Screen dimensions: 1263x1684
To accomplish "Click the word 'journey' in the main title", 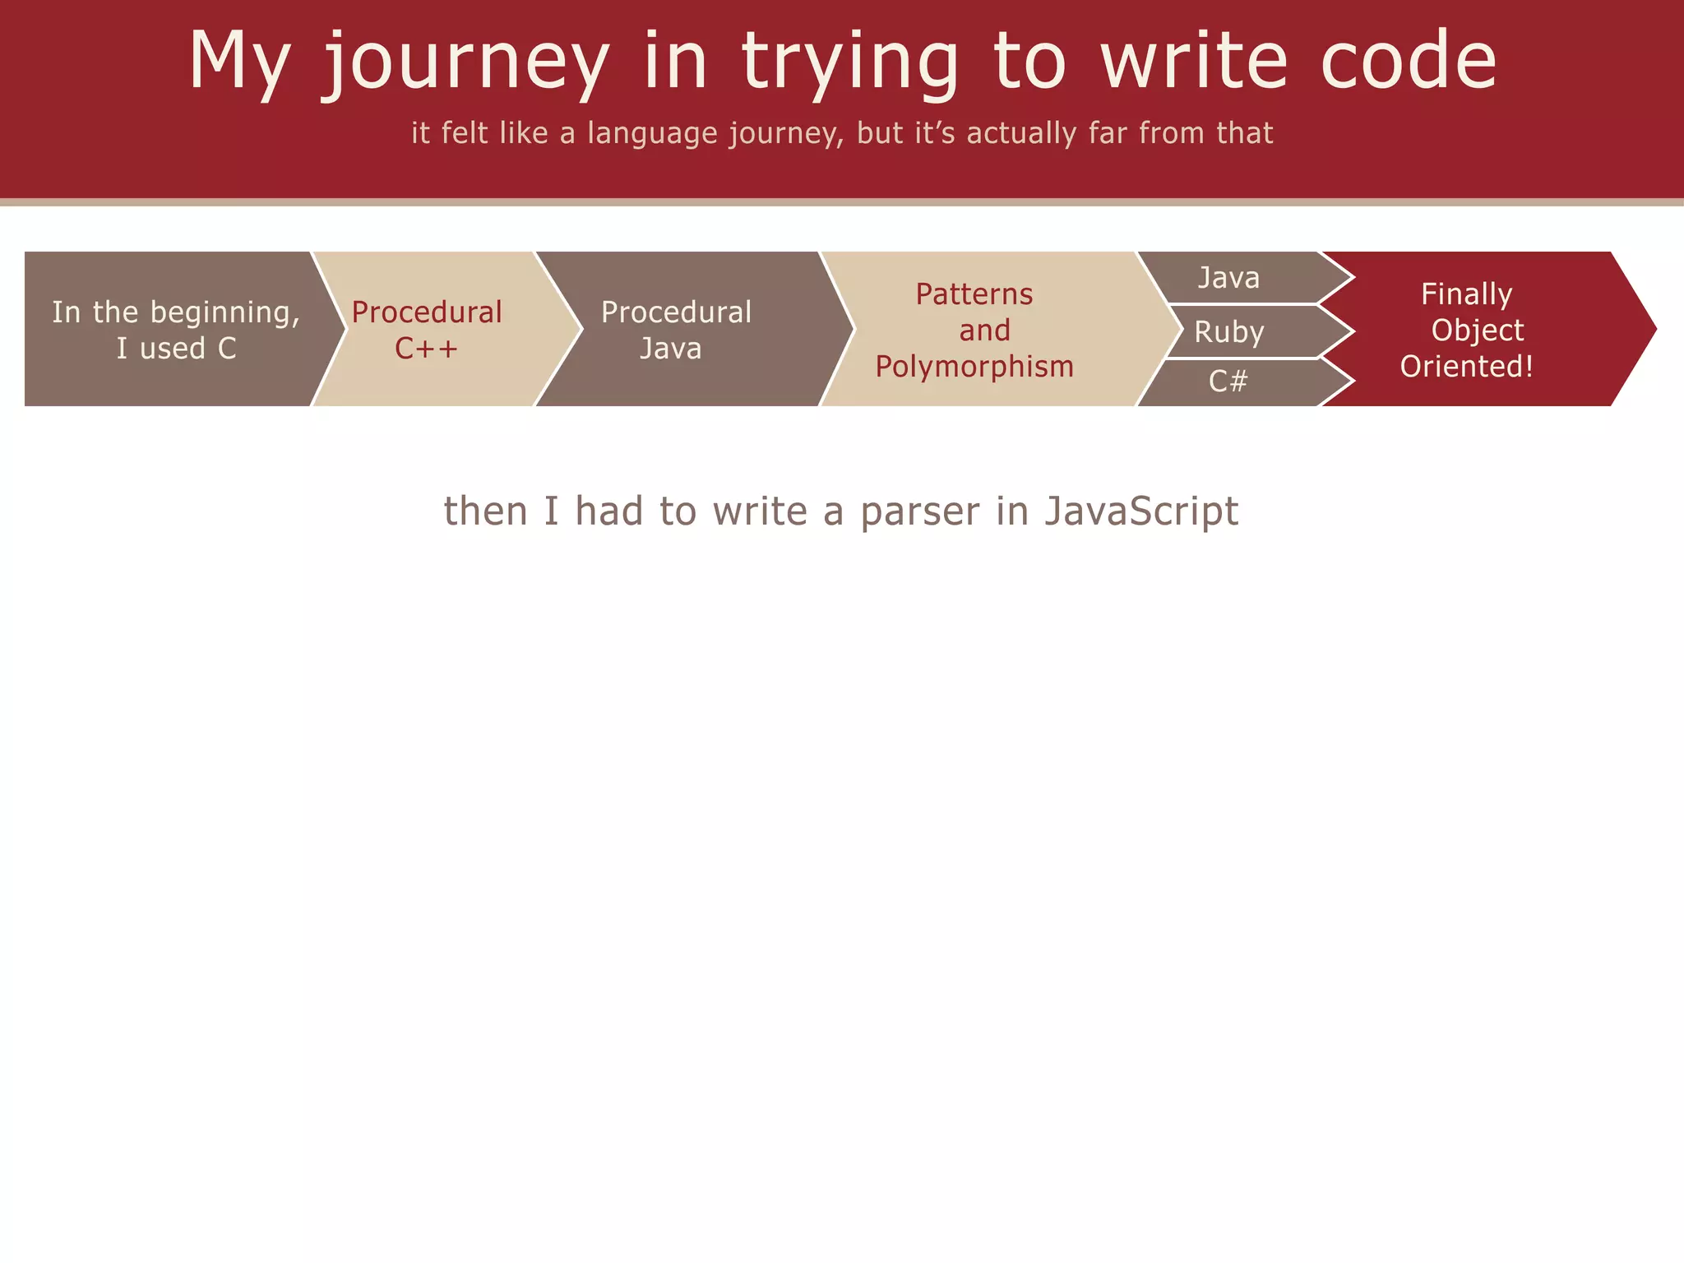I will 465,62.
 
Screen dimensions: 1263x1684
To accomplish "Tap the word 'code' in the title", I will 1409,61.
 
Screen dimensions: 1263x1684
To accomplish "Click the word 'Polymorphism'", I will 974,367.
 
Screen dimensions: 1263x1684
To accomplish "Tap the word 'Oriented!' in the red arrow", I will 1467,367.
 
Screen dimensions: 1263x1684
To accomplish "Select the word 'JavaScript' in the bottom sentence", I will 1141,511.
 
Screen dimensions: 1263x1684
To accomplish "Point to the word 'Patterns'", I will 974,294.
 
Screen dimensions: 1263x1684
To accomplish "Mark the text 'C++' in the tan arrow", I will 426,349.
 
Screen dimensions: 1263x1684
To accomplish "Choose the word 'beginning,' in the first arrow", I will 225,313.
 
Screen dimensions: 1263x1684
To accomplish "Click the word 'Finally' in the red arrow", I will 1467,294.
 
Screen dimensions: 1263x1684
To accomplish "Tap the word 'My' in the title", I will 239,62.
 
